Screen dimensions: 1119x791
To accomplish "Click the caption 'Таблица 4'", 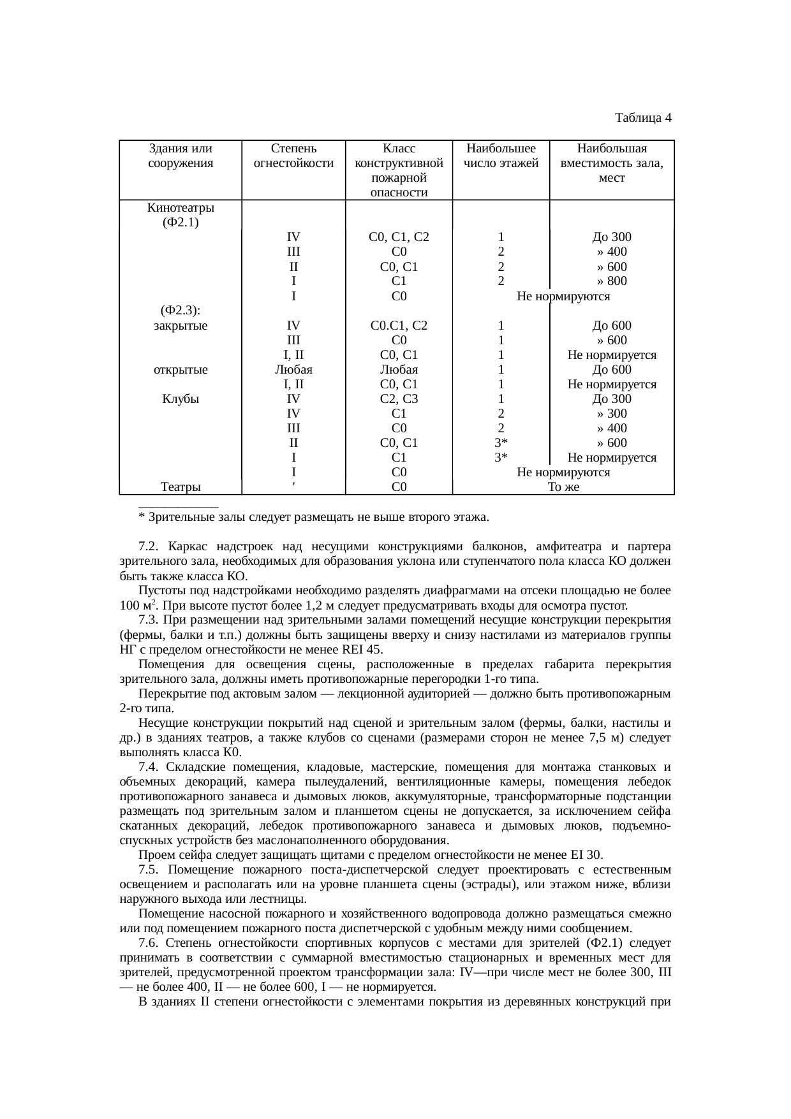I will tap(642, 118).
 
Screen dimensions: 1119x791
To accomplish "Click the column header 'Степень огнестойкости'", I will tap(293, 156).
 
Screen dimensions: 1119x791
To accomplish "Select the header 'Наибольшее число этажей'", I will tap(501, 156).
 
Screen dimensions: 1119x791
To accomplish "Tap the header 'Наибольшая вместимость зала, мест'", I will tap(611, 163).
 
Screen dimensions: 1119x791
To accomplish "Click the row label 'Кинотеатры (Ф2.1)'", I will tap(181, 215).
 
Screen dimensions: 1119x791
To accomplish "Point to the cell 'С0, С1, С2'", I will tap(399, 237).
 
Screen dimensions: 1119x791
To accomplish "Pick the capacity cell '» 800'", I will tap(611, 281).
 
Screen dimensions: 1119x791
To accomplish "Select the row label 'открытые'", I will tap(181, 370).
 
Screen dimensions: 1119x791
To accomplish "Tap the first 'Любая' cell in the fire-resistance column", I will tap(293, 370).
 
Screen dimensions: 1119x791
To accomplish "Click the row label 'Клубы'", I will tap(181, 399).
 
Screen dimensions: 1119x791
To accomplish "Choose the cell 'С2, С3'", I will tap(399, 399).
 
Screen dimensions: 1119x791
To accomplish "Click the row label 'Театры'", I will tap(181, 488).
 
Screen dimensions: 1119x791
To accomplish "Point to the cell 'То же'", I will tap(563, 488).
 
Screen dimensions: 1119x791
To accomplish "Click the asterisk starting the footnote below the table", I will tap(141, 517).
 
